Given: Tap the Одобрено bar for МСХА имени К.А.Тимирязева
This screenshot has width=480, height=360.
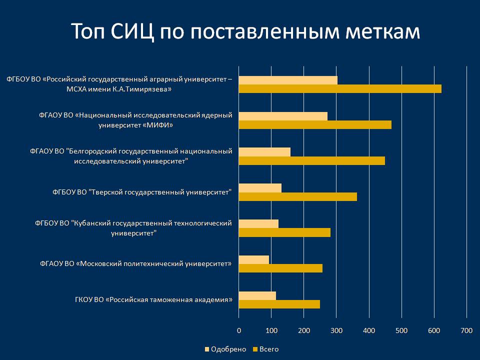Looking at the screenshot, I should [288, 80].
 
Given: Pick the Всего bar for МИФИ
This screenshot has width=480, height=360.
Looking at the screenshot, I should [315, 125].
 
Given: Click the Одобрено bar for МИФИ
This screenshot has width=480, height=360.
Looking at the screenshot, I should [283, 116].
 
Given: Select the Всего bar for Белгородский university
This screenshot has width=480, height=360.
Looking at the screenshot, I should [312, 161].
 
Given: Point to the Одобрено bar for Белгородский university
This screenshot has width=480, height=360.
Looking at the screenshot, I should [264, 152].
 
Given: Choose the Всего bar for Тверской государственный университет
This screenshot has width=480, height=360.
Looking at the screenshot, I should [298, 196].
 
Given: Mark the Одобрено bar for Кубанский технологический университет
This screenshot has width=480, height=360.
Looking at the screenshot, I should [258, 223].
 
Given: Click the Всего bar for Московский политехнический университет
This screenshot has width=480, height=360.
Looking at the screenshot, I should [280, 268].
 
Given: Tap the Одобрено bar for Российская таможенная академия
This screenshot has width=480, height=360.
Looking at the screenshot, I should [257, 295].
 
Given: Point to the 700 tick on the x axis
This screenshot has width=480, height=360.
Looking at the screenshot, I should [466, 330].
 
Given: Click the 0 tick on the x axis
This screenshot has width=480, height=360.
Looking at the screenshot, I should [239, 330].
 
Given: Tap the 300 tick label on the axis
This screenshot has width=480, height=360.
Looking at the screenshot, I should [336, 330].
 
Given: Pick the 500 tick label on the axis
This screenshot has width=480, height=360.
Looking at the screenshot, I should [401, 330].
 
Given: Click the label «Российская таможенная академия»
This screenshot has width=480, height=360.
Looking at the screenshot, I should [153, 300].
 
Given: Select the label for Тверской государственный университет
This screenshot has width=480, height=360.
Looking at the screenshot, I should [142, 192].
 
